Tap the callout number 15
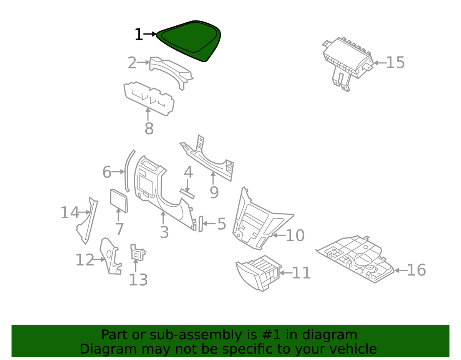pos(395,62)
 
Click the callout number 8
pos(149,128)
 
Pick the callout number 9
pos(214,192)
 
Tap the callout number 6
pos(107,172)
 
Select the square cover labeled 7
pos(119,200)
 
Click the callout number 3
pos(164,232)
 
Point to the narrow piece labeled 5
pos(200,224)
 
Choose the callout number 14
pos(70,212)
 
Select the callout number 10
pos(295,236)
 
